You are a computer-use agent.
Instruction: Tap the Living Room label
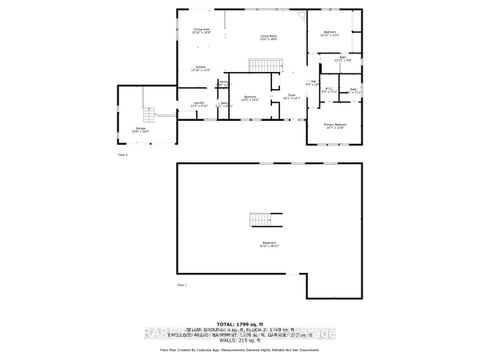(x=269, y=35)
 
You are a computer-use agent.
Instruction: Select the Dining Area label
(x=200, y=31)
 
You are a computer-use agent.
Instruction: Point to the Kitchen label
(x=201, y=68)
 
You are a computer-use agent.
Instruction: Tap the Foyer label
(x=293, y=97)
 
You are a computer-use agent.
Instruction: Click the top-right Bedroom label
(x=332, y=32)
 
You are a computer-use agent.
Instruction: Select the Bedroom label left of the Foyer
(x=250, y=98)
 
